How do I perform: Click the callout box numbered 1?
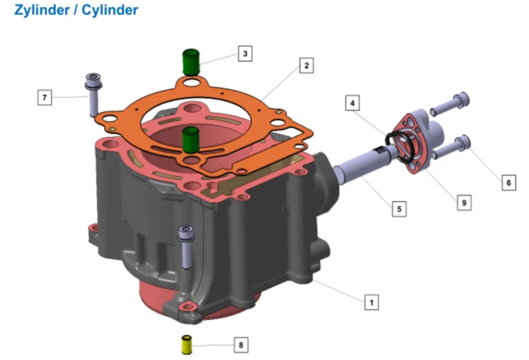[372, 302]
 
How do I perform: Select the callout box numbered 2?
[306, 66]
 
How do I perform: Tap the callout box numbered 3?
[246, 54]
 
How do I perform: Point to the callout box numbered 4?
[353, 103]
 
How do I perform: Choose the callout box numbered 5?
[399, 209]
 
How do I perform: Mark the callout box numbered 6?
[509, 183]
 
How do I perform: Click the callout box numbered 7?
[45, 98]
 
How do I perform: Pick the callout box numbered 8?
[241, 345]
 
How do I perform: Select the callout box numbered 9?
[464, 203]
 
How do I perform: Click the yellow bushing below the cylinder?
[187, 345]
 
